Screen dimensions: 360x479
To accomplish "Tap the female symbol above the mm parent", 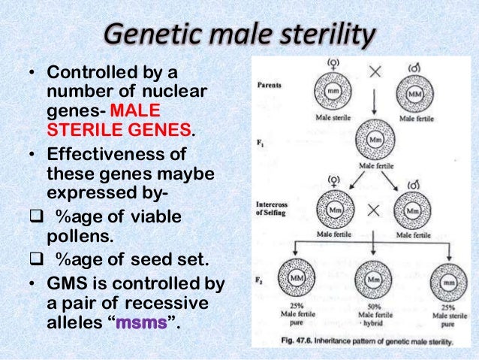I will [331, 62].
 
